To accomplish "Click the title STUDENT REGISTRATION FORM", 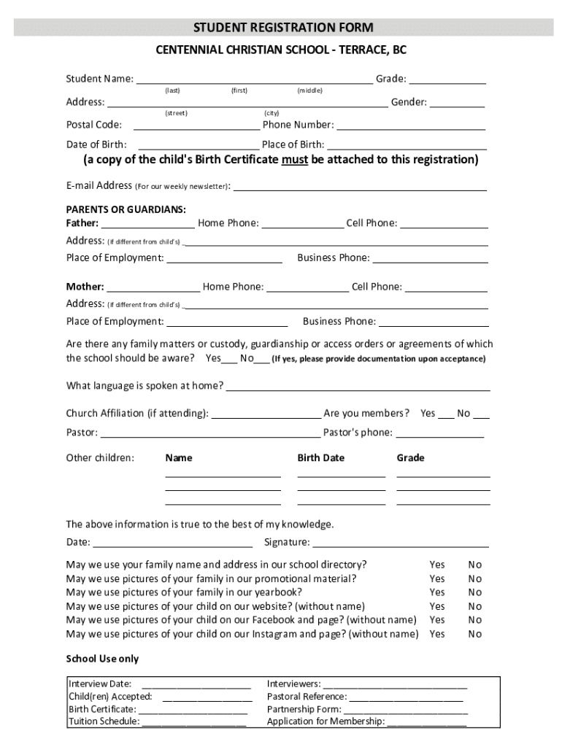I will pos(283,28).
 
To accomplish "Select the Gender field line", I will pos(457,104).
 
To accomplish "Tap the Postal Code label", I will pos(94,125).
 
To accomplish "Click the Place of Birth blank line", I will pos(406,146).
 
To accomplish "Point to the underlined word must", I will pos(294,160).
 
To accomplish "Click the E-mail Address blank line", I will pos(359,187).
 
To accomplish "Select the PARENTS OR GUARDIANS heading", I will pos(126,209).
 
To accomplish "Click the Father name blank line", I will pos(148,225).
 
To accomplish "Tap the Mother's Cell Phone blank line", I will pos(446,288).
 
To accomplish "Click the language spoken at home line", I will pos(358,387).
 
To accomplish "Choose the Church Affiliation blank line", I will pos(266,415).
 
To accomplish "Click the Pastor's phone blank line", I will pos(439,434).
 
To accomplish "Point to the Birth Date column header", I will pos(320,458).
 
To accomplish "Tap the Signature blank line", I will pos(400,543).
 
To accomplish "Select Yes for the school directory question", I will pos(436,565).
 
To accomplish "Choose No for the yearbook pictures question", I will pos(475,592).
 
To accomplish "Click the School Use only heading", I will pos(102,659).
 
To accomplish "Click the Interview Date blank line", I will pos(196,686).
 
